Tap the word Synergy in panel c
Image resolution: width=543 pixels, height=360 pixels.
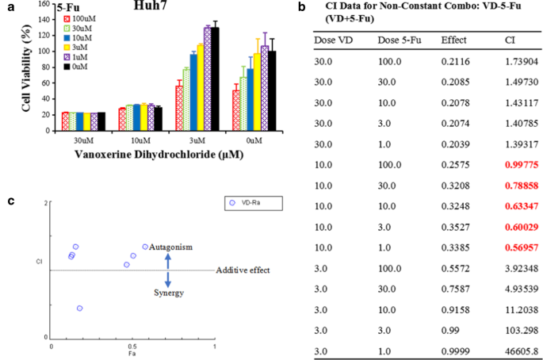pos(168,293)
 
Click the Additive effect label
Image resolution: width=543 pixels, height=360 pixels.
pos(243,270)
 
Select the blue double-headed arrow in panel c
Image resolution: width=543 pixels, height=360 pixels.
pos(167,270)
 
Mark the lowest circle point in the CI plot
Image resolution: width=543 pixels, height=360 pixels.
pos(79,308)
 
